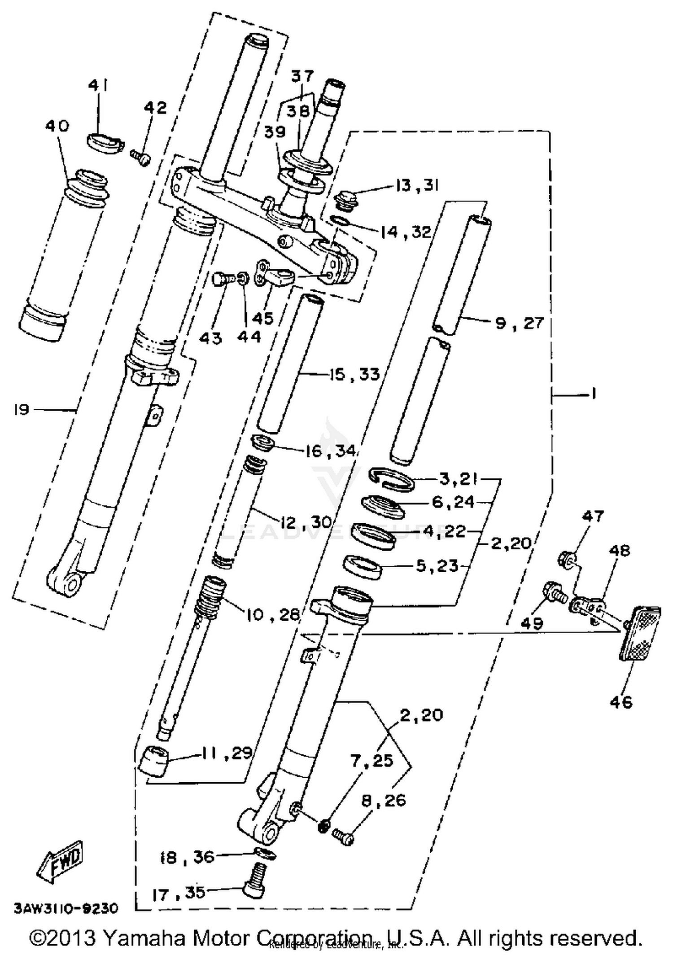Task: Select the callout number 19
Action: click(21, 410)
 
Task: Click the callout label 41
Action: click(98, 85)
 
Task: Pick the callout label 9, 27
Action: click(519, 323)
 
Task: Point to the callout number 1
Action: click(593, 394)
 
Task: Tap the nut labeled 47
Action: click(567, 559)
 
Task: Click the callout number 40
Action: click(57, 126)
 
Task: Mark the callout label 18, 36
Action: click(188, 858)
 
